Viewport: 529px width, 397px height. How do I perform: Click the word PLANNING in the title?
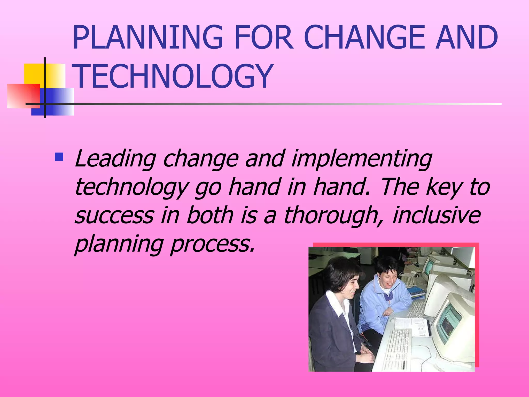click(x=147, y=37)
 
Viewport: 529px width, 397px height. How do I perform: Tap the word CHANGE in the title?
click(x=364, y=37)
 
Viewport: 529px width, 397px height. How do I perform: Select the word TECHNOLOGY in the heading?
click(x=172, y=77)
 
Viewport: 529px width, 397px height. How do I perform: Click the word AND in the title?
click(x=466, y=37)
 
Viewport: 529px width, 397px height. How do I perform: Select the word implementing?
click(x=362, y=158)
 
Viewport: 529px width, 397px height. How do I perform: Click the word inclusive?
click(x=437, y=215)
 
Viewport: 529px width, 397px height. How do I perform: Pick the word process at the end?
click(x=212, y=244)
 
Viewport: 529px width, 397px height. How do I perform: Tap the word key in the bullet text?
click(x=444, y=187)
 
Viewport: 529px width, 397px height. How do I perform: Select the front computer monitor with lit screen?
click(x=452, y=323)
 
